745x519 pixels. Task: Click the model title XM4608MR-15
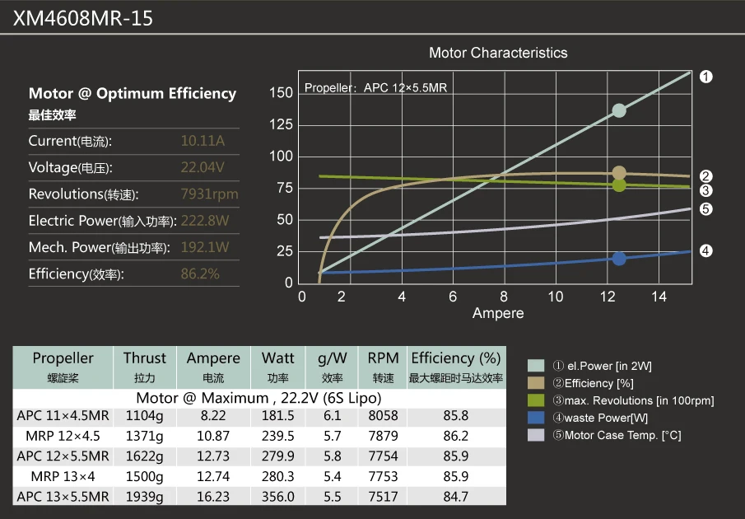tap(83, 18)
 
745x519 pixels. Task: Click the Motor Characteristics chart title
tap(498, 53)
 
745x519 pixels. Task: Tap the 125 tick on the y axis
tap(281, 124)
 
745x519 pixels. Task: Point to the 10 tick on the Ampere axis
tap(556, 297)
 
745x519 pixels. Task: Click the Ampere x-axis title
tap(498, 313)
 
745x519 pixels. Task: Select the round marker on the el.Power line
tap(619, 111)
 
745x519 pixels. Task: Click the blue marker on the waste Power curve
tap(619, 259)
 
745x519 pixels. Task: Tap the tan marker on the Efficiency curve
tap(619, 173)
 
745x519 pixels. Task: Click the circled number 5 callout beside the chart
tap(705, 209)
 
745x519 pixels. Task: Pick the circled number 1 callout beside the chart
tap(705, 77)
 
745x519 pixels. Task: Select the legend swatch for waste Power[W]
tap(537, 418)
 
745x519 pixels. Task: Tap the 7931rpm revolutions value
tap(209, 194)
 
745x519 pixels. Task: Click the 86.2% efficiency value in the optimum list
tap(200, 274)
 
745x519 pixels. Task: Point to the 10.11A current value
tap(203, 141)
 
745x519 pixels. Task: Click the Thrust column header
tap(145, 358)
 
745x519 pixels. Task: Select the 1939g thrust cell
tap(145, 497)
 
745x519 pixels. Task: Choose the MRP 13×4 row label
tap(63, 476)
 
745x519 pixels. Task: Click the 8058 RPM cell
tap(383, 416)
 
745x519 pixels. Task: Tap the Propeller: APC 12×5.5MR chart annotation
tap(376, 88)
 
